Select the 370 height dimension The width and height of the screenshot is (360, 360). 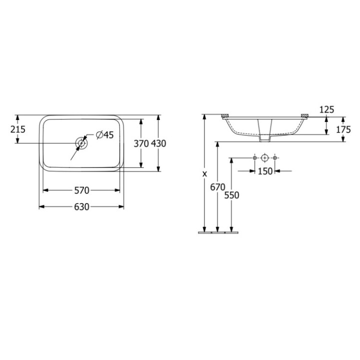(141, 143)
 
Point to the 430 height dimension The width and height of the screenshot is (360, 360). (158, 143)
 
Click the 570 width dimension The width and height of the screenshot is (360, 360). (81, 190)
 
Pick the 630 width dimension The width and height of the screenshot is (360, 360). (81, 206)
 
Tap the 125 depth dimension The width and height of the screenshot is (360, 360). (326, 109)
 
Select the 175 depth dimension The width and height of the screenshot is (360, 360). (343, 129)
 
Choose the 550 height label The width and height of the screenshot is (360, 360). (231, 195)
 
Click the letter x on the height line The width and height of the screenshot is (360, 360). (204, 174)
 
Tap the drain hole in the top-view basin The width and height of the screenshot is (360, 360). (81, 143)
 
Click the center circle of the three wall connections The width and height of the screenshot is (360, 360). (265, 158)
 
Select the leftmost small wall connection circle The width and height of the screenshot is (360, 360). (255, 158)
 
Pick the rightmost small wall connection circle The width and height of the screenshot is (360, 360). (275, 158)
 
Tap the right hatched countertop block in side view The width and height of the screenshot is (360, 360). (303, 116)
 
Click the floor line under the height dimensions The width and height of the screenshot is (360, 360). (217, 232)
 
